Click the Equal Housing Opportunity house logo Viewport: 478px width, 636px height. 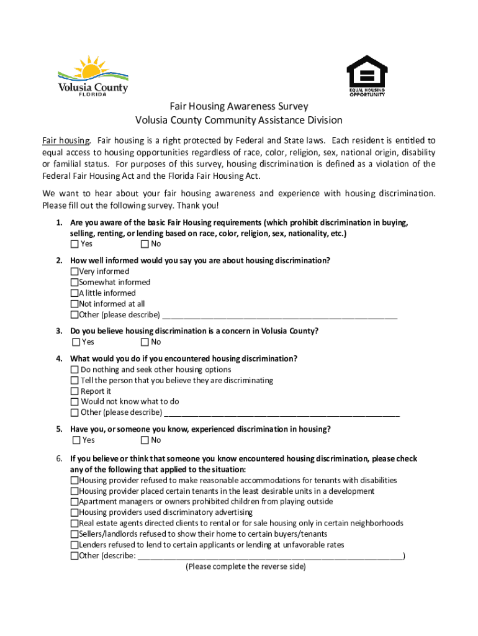click(x=366, y=76)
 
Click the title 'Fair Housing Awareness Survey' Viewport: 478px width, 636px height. click(x=239, y=107)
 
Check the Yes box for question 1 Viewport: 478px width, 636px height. click(x=76, y=244)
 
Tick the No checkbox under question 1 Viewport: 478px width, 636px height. click(x=145, y=244)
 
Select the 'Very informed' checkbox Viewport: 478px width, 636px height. click(x=74, y=271)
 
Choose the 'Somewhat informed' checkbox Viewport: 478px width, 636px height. click(x=74, y=282)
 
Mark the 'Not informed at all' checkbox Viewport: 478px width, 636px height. click(x=74, y=304)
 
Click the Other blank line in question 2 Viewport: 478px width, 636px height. click(x=279, y=315)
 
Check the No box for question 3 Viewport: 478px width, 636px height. click(x=145, y=342)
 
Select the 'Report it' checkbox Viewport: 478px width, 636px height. click(x=75, y=391)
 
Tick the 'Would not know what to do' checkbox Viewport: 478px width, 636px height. click(x=75, y=402)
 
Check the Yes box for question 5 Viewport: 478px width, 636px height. click(x=76, y=440)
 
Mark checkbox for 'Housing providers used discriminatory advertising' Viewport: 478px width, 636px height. click(x=74, y=512)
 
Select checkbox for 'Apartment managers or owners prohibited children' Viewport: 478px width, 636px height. click(x=74, y=502)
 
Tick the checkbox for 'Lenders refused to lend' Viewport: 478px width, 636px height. click(x=74, y=545)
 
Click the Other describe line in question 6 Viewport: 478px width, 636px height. click(x=270, y=556)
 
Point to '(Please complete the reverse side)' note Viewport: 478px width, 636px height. click(x=246, y=567)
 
